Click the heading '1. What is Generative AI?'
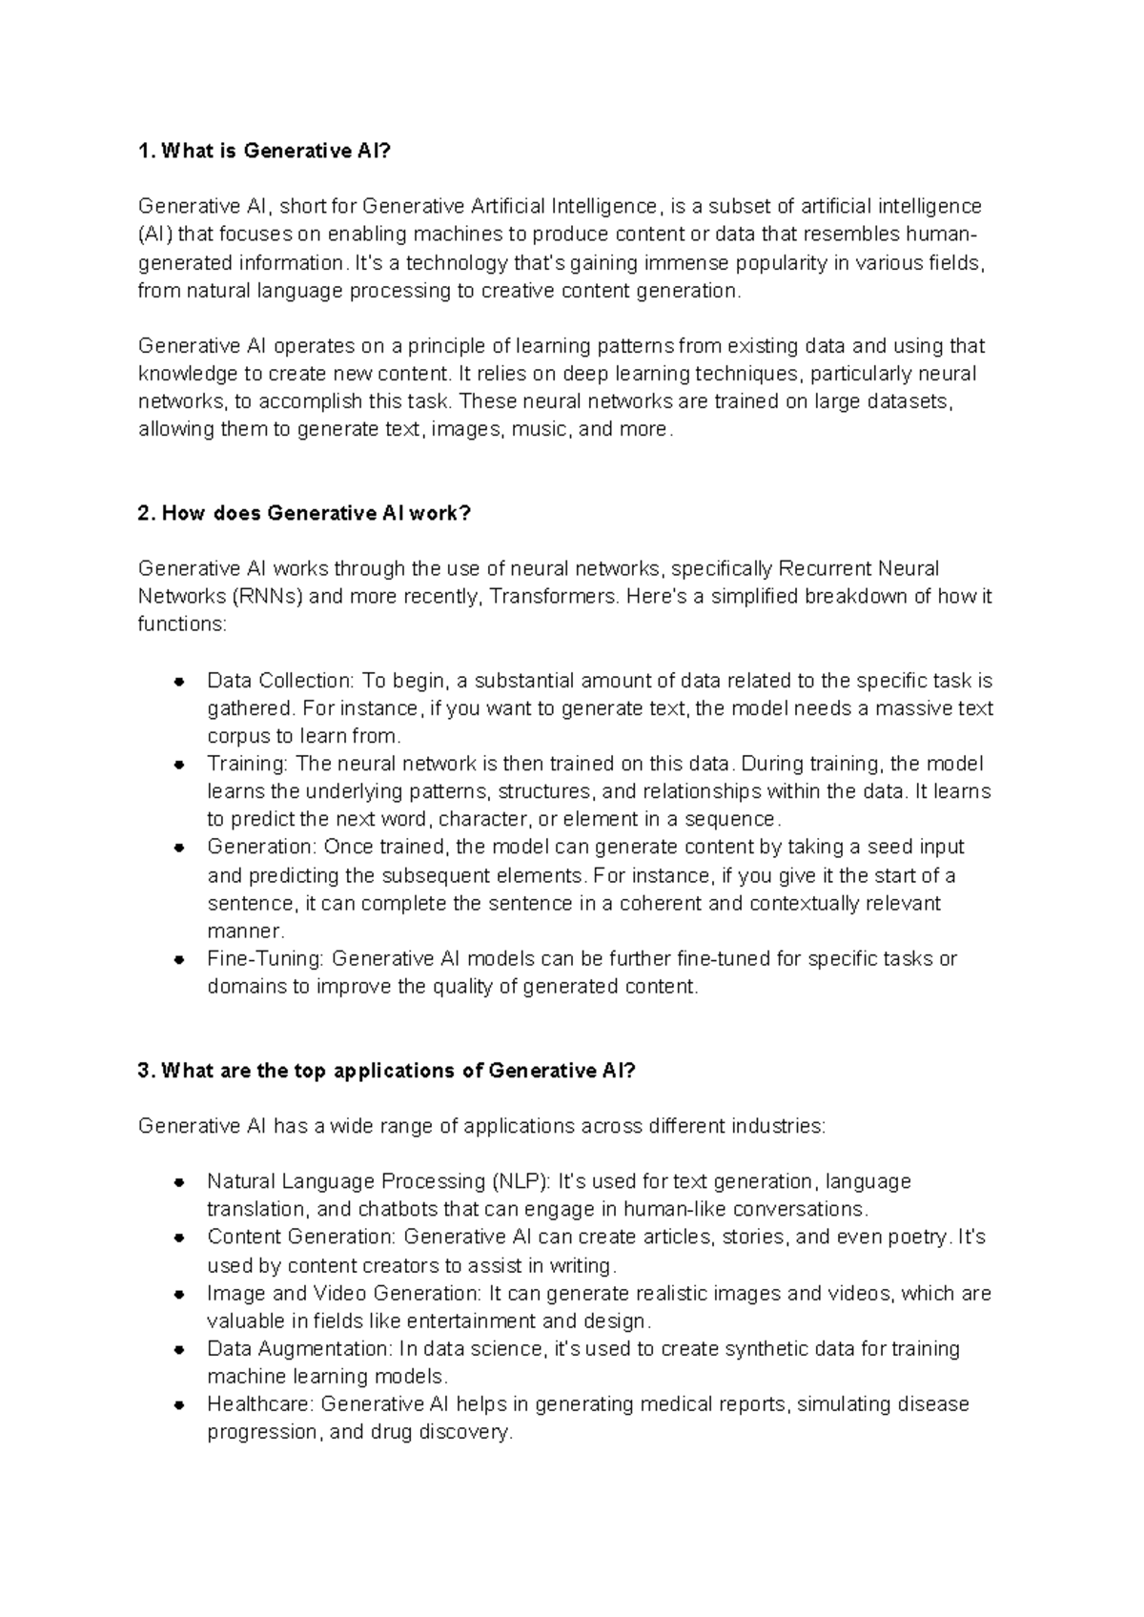[x=264, y=151]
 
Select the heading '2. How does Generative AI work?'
[x=304, y=513]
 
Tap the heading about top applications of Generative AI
[x=386, y=1071]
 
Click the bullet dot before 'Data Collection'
[x=178, y=682]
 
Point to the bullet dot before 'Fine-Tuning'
[x=178, y=960]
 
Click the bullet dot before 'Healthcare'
[x=178, y=1405]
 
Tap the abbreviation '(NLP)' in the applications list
[x=521, y=1181]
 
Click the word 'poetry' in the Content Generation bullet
[x=920, y=1237]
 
